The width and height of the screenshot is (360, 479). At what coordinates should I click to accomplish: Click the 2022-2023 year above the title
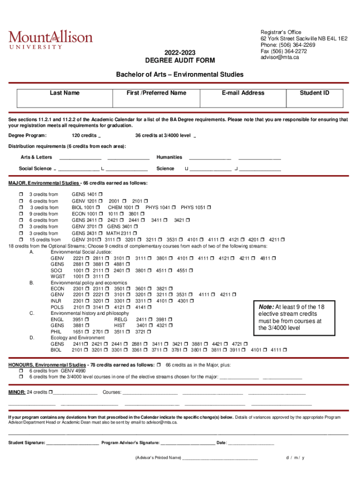point(180,52)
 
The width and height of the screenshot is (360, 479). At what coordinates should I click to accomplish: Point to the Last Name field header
point(65,93)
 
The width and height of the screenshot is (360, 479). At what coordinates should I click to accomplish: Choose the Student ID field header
point(315,93)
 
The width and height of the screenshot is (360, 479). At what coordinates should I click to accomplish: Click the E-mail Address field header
point(243,93)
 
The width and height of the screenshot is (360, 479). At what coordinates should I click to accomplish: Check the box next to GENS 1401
point(101,194)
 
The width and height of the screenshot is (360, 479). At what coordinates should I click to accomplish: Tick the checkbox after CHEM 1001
point(138,207)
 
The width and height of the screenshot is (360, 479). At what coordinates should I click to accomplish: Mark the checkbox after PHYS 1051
point(209,207)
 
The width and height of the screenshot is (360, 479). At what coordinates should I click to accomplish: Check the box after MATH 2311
point(136,233)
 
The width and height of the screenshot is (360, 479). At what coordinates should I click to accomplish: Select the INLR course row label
point(57,301)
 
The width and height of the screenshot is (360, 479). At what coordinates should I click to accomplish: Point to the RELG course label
point(121,319)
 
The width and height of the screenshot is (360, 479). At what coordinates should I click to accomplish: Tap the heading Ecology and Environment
point(78,338)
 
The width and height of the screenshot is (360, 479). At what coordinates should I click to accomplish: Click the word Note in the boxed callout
point(266,306)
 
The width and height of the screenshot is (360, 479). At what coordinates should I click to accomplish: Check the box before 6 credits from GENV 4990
point(21,370)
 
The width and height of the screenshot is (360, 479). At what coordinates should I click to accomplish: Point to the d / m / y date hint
point(295,457)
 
